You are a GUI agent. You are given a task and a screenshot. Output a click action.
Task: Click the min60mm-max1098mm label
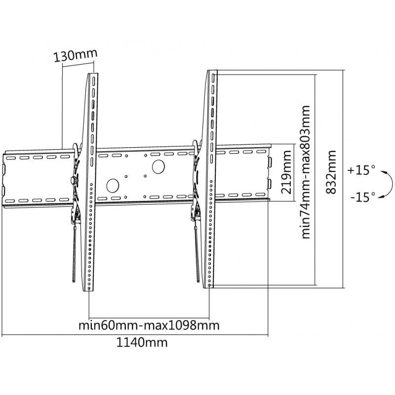point(149,326)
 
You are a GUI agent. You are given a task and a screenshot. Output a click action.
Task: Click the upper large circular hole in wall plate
point(159,167)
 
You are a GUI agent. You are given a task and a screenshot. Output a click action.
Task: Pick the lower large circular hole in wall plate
point(113,185)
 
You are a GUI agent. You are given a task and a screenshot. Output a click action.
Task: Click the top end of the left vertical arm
point(93,77)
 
